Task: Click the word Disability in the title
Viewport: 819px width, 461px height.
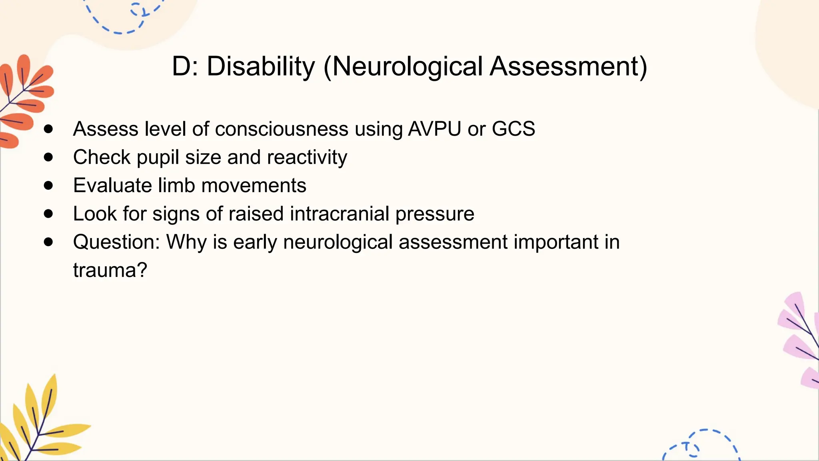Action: pos(261,66)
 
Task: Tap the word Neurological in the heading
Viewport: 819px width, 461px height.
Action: pos(407,66)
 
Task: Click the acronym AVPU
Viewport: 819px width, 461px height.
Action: pos(434,129)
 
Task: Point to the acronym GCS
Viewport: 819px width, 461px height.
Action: pos(513,129)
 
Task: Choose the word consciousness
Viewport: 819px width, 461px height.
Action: pos(282,129)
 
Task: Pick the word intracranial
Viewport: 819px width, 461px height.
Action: pos(339,214)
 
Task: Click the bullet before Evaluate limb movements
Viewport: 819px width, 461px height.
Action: pos(48,185)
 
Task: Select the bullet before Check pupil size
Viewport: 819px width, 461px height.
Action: pos(48,157)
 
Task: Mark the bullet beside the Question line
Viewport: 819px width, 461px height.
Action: pos(48,242)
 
